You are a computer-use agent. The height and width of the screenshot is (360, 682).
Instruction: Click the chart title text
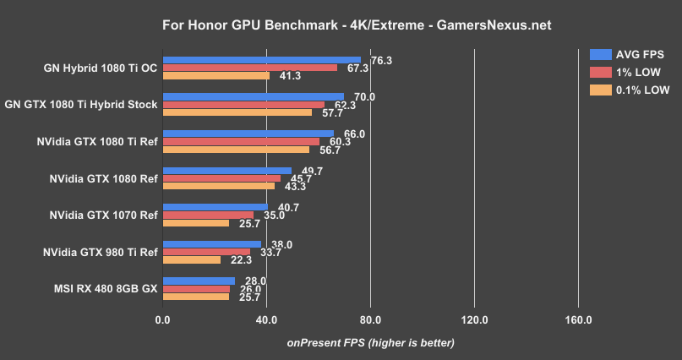341,25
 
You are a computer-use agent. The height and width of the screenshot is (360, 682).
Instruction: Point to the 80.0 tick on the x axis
370,319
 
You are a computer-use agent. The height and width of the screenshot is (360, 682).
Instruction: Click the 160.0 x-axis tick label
578,319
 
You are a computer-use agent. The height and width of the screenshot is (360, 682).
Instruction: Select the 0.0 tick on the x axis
163,319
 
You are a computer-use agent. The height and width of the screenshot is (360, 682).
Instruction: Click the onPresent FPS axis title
370,342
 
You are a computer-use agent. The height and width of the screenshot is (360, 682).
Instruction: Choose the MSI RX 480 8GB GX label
104,288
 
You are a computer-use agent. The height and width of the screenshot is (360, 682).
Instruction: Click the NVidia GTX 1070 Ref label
103,215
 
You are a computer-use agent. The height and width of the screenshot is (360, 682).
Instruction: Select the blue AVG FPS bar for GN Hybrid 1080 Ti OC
261,60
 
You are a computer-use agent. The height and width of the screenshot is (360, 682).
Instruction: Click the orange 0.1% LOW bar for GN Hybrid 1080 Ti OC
216,75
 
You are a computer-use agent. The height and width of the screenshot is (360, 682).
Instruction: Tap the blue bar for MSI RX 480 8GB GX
199,281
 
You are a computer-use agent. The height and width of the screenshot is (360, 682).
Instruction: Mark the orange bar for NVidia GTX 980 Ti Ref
191,259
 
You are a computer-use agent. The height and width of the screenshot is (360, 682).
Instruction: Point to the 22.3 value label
242,260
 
